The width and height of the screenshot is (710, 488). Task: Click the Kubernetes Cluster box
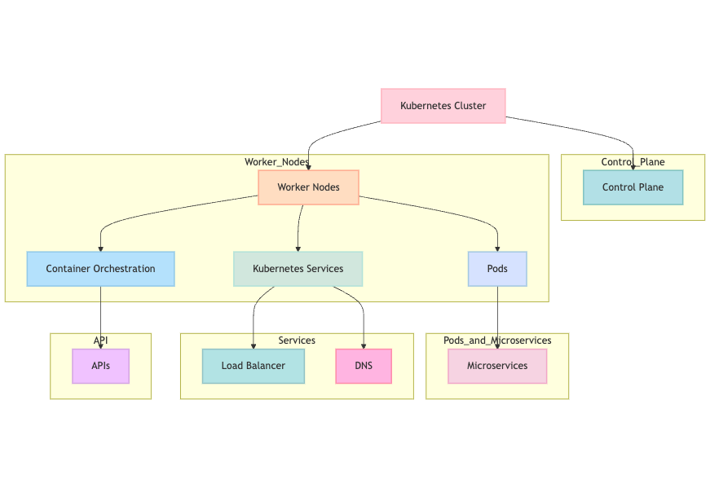point(443,106)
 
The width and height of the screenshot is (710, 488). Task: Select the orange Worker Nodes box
point(309,187)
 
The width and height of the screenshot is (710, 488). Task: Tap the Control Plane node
point(633,187)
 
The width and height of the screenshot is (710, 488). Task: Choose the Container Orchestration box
point(100,269)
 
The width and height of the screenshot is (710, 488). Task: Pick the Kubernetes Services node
point(298,269)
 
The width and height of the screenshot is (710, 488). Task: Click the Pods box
point(497,269)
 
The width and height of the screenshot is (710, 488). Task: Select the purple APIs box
point(100,366)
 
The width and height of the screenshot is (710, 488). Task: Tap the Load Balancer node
point(253,366)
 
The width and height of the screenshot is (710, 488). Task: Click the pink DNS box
point(364,366)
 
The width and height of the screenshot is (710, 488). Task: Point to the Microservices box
point(497,366)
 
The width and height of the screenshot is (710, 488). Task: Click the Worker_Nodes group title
point(276,161)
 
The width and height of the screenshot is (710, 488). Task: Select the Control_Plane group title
point(633,161)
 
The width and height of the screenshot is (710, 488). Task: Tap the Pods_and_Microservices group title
point(497,340)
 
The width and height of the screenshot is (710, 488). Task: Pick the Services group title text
point(297,340)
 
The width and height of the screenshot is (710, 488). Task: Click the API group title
point(100,340)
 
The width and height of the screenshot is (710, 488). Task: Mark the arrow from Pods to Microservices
point(497,318)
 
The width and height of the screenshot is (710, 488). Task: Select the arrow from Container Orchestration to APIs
point(100,318)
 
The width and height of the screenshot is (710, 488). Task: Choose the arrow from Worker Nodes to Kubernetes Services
point(299,228)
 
